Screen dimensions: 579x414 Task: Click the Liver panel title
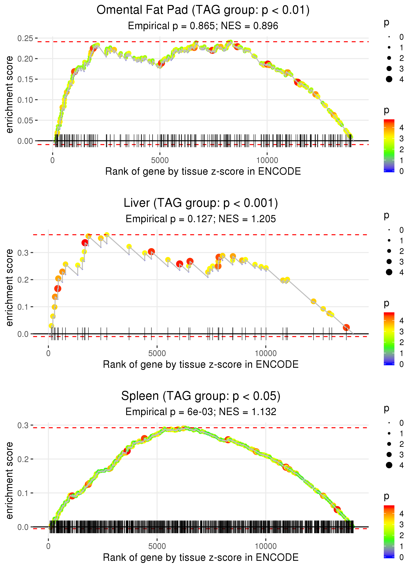coord(201,203)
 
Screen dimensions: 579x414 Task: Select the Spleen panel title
coord(201,396)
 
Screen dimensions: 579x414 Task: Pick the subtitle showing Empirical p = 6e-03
coord(201,412)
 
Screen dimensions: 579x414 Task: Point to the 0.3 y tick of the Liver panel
coord(23,253)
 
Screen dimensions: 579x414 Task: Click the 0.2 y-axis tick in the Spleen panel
coord(23,459)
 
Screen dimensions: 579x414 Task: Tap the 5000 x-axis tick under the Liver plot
coord(157,353)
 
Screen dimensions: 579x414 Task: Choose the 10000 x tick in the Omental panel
coord(267,160)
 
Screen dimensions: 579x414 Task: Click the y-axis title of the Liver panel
coord(9,288)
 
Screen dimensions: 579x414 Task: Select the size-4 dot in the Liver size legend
coord(389,272)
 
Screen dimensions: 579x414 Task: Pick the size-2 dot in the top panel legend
coord(389,58)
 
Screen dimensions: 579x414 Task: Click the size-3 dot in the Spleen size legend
coord(389,454)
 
